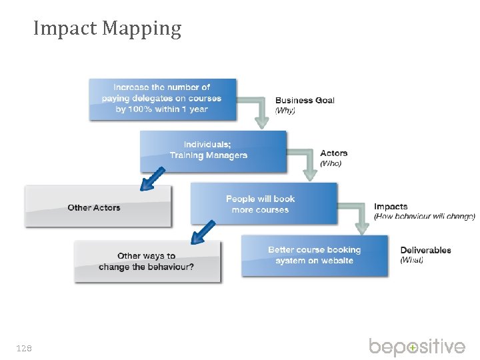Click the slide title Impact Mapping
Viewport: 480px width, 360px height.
pyautogui.click(x=107, y=29)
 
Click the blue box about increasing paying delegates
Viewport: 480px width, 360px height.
pyautogui.click(x=162, y=99)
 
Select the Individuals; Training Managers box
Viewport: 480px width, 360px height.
pyautogui.click(x=213, y=151)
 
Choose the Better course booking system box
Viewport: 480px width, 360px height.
pyautogui.click(x=314, y=255)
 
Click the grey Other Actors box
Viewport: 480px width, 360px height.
pyautogui.click(x=97, y=207)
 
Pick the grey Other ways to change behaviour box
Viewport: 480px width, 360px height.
pyautogui.click(x=147, y=261)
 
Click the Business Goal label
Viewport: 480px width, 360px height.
pyautogui.click(x=305, y=100)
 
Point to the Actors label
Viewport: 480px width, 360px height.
pyautogui.click(x=333, y=153)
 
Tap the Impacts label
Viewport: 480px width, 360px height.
pyautogui.click(x=391, y=207)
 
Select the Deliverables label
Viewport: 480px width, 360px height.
pyautogui.click(x=425, y=250)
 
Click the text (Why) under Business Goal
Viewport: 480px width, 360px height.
pyautogui.click(x=285, y=109)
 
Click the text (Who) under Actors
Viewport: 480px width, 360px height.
pyautogui.click(x=331, y=163)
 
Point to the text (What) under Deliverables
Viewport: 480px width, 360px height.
pyautogui.click(x=412, y=259)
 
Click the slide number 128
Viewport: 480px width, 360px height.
pyautogui.click(x=25, y=348)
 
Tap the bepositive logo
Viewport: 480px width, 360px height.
pyautogui.click(x=417, y=347)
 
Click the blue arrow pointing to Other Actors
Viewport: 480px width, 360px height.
pyautogui.click(x=153, y=178)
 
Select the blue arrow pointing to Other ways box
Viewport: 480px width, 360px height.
pyautogui.click(x=203, y=231)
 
